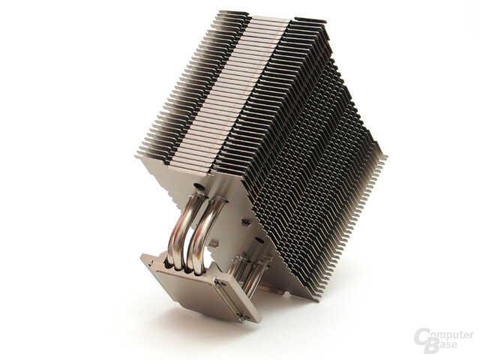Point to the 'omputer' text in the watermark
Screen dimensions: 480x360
(x=452, y=335)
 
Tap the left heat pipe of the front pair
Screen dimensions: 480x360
(x=180, y=232)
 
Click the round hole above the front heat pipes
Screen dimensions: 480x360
(x=198, y=187)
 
